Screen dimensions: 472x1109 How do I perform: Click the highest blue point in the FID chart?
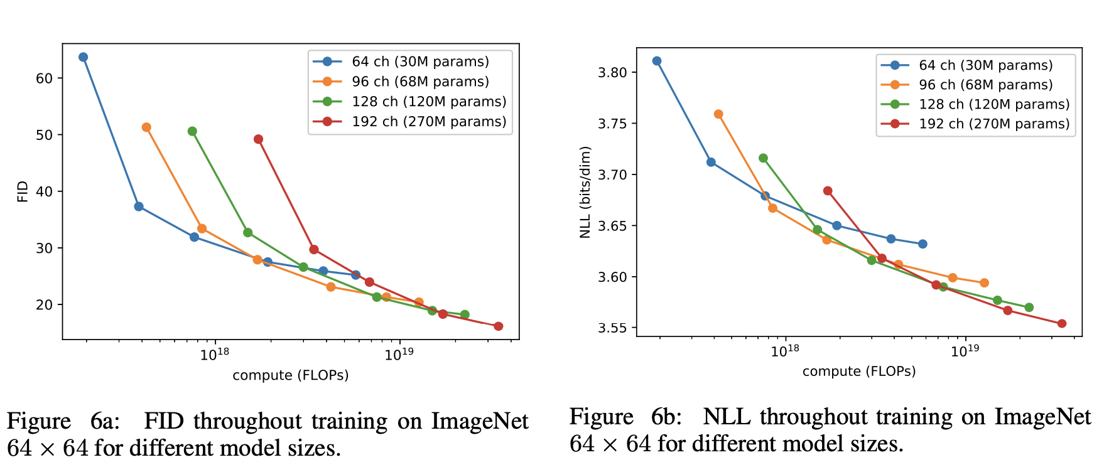[83, 57]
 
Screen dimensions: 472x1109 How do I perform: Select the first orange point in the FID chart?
[146, 127]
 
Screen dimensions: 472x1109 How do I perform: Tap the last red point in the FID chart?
[498, 326]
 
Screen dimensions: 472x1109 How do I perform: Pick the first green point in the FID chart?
[192, 131]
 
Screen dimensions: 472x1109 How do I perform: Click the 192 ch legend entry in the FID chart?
[429, 122]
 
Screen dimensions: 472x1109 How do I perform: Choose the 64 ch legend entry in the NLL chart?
[985, 65]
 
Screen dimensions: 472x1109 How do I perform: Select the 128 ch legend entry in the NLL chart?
[993, 104]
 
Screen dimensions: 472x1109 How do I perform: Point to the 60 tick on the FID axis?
[45, 78]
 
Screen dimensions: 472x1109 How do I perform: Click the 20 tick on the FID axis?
[45, 305]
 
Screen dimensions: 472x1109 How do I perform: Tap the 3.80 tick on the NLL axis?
[612, 72]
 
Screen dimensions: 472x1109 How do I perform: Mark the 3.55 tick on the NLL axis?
[612, 328]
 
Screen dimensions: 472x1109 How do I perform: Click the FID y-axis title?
[23, 191]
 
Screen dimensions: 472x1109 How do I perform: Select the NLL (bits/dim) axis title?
[585, 192]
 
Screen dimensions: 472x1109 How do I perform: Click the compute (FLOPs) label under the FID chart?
[290, 375]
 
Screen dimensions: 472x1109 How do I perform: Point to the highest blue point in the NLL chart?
[657, 61]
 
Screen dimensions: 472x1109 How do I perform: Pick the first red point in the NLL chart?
[828, 191]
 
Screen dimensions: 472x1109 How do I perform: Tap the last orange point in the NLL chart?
[984, 283]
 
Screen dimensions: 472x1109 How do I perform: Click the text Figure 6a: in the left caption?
[63, 421]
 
